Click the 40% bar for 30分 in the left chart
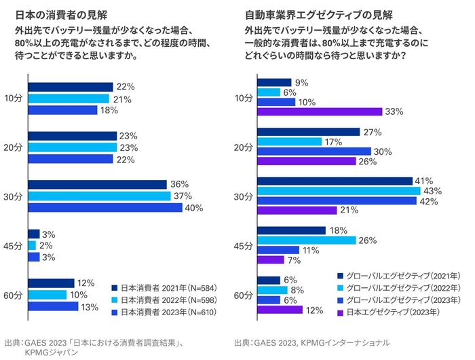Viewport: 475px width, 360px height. point(105,208)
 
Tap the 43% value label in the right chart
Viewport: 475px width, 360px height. point(432,191)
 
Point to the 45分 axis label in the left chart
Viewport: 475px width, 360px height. point(14,245)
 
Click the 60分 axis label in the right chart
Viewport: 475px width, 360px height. point(243,295)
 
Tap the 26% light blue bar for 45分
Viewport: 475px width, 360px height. point(306,240)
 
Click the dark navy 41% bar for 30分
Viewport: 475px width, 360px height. point(335,181)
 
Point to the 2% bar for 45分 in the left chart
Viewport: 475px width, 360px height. point(32,245)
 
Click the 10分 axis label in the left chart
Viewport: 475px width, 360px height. point(14,98)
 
